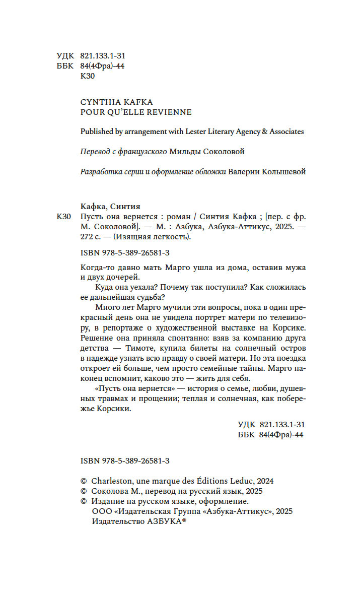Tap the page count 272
click(87, 237)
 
